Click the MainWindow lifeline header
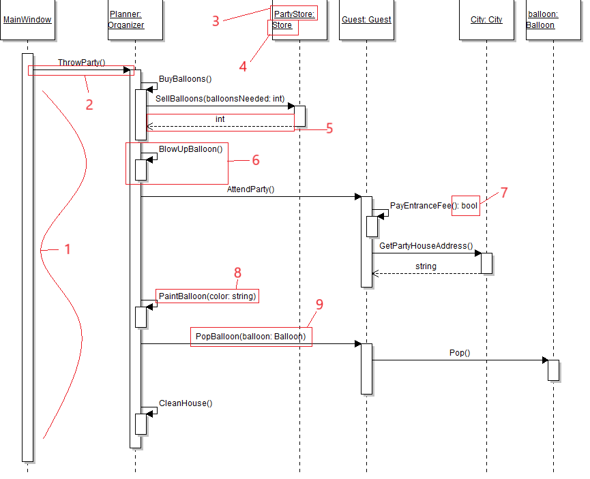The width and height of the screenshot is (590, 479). (x=27, y=20)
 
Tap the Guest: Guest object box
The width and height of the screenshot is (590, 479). (x=366, y=20)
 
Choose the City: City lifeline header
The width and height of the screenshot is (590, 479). (x=486, y=20)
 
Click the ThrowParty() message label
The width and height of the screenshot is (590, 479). (x=81, y=62)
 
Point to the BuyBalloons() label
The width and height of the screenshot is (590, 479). (x=186, y=79)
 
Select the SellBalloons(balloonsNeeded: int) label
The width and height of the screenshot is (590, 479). (x=220, y=99)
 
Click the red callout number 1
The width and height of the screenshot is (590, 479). (x=68, y=249)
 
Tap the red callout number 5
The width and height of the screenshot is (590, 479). (x=329, y=128)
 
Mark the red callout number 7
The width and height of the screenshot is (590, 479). (x=504, y=193)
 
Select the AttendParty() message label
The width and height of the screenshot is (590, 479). (x=250, y=189)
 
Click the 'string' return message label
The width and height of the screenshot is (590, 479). (x=426, y=266)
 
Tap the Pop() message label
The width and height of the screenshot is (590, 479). (x=460, y=353)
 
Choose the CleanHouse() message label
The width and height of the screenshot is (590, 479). (x=186, y=403)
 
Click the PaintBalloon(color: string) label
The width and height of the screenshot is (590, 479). (x=207, y=296)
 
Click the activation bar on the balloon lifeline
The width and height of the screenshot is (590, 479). (x=553, y=370)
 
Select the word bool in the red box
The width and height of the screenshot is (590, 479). (x=470, y=205)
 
